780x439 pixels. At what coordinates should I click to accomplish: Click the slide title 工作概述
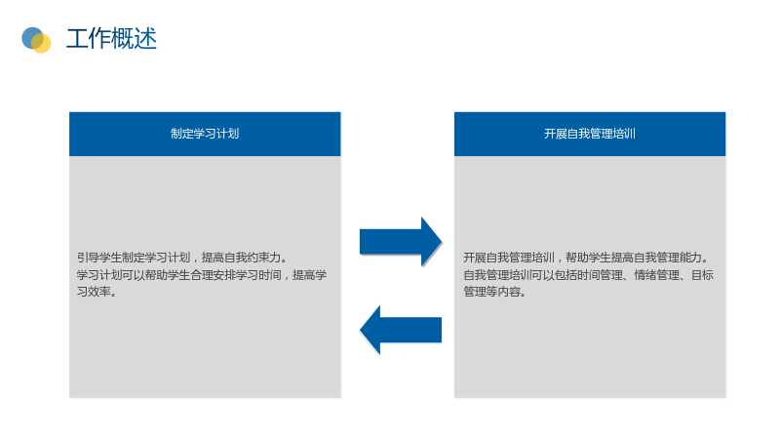coord(111,39)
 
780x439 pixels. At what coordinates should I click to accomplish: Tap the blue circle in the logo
coord(31,37)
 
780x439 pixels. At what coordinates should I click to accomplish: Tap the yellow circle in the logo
coord(41,43)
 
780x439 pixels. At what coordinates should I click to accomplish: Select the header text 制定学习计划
coord(205,134)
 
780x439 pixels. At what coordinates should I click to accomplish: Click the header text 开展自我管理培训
coord(590,134)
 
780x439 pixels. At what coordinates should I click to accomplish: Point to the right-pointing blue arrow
coord(401,242)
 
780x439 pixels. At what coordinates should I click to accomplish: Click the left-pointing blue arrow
coord(401,330)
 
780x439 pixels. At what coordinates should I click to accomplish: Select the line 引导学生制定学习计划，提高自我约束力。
coord(182,258)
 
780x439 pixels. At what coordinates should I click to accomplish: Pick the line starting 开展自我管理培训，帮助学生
coord(586,258)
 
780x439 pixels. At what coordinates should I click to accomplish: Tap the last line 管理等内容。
coord(494,292)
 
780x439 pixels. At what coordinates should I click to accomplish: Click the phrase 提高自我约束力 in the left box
coord(241,258)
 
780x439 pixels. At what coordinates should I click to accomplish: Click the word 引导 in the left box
coord(88,258)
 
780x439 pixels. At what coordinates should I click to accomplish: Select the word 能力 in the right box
coord(690,258)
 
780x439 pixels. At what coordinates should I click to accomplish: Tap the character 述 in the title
coord(145,39)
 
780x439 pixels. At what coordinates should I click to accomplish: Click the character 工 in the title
coord(78,39)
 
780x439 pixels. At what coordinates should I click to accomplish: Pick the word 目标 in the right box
coord(702,275)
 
